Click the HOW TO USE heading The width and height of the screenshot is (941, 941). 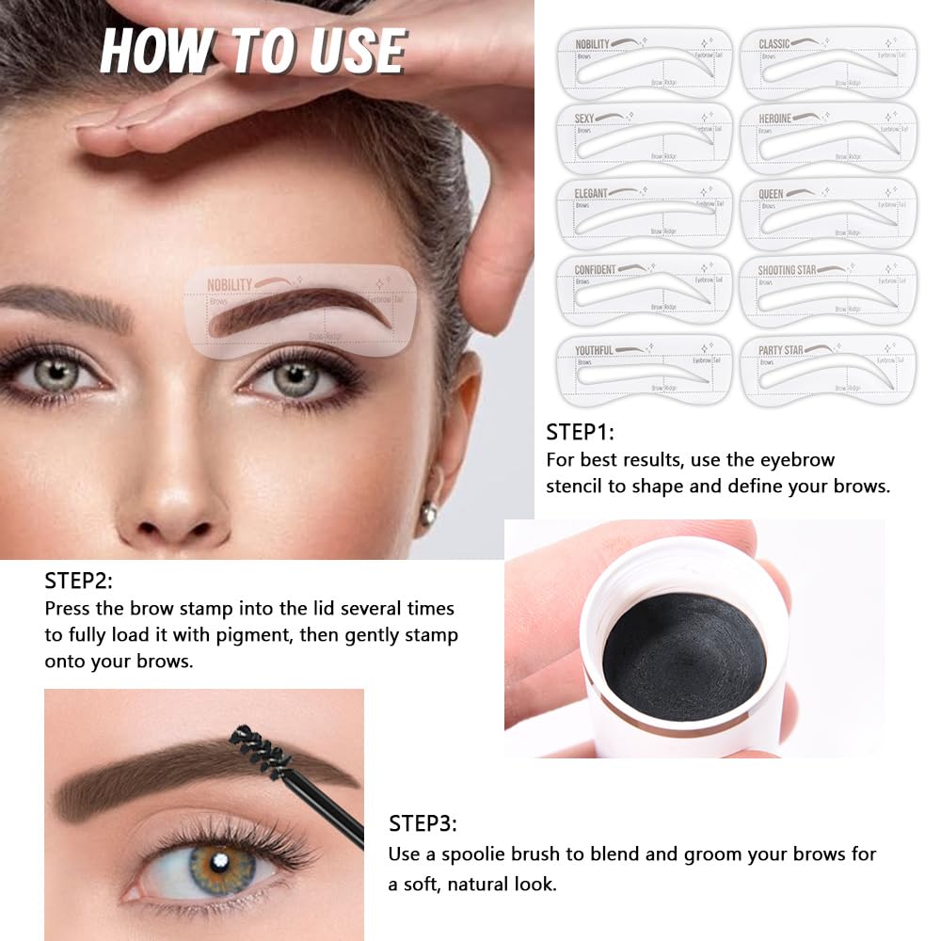[252, 51]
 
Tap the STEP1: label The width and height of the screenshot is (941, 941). [580, 433]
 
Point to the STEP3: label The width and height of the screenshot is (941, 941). [423, 825]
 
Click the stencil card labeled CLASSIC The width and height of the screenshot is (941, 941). [828, 64]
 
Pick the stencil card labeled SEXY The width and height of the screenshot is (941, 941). [644, 138]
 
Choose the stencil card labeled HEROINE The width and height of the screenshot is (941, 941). [828, 138]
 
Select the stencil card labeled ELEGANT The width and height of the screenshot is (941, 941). [644, 214]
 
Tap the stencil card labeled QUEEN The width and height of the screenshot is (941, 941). [828, 214]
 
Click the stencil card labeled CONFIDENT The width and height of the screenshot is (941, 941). [644, 290]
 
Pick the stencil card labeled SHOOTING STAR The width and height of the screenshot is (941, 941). [828, 290]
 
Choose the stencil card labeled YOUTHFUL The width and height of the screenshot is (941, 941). [644, 369]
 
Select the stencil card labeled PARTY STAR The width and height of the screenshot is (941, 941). [828, 369]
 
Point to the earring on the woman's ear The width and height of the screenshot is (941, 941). [428, 514]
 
